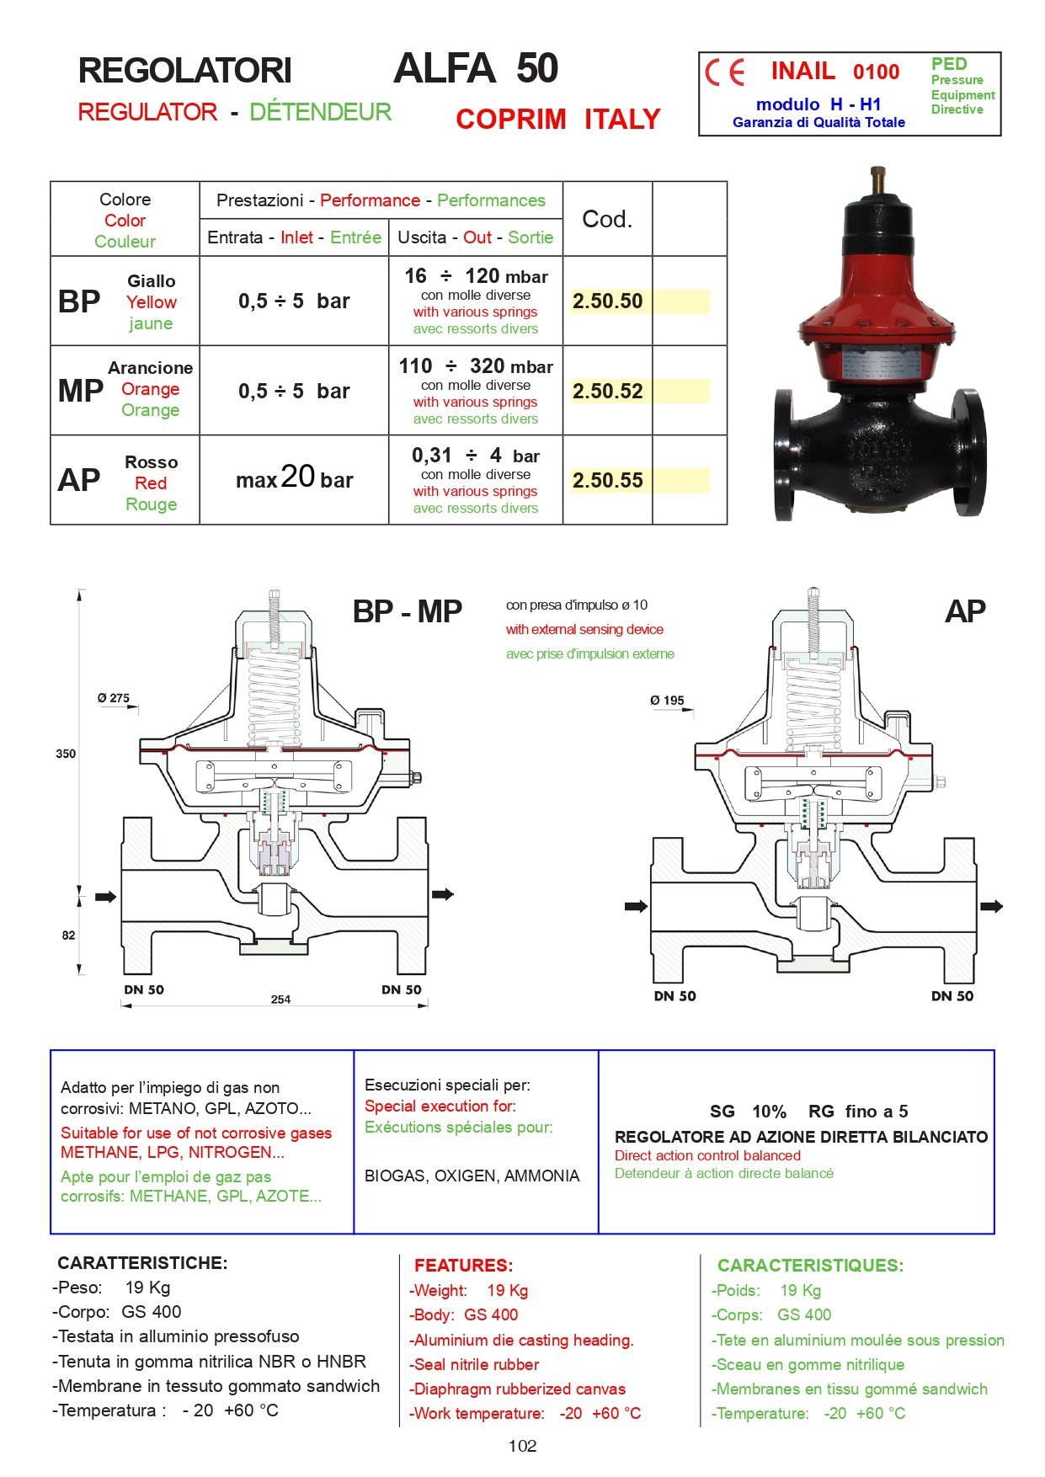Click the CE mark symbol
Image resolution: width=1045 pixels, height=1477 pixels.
(x=725, y=73)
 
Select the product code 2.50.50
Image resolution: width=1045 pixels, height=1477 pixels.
(x=607, y=301)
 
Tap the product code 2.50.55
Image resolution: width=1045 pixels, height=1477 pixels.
(x=607, y=481)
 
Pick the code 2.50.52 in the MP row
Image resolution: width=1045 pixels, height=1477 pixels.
(x=607, y=392)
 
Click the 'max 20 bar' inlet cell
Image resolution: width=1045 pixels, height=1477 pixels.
(x=294, y=479)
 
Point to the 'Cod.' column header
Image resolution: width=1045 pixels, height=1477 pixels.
(x=606, y=219)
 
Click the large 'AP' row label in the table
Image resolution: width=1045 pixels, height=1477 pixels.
(x=79, y=481)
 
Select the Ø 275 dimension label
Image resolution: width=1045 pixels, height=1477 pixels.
(x=114, y=698)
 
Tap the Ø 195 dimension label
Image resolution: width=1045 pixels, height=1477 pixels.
(x=667, y=701)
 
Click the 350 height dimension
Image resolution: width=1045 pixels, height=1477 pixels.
(x=66, y=754)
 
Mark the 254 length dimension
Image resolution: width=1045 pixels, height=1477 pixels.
(x=280, y=1000)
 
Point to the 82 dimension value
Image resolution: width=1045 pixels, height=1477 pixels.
(x=68, y=935)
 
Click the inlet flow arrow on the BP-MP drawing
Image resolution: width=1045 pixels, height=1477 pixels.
(x=106, y=897)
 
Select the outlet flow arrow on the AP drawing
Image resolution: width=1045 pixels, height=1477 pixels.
(x=992, y=906)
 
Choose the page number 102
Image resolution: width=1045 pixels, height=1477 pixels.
(x=522, y=1446)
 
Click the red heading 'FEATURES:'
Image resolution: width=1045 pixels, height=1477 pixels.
(x=463, y=1265)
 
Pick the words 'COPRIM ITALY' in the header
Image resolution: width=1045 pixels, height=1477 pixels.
(x=557, y=120)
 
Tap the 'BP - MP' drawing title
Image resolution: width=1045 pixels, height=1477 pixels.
(x=408, y=611)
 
